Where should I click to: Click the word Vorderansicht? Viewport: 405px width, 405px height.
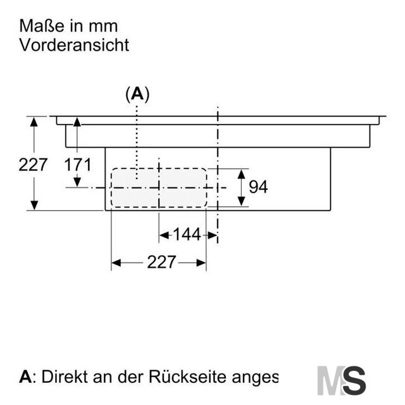click(74, 45)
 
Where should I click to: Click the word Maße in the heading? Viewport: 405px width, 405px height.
click(42, 26)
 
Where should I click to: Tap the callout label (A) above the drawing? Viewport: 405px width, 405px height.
click(137, 94)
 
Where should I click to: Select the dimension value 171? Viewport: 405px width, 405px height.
click(77, 165)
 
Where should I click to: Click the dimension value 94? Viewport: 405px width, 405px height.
click(258, 187)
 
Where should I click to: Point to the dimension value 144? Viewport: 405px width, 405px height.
click(187, 235)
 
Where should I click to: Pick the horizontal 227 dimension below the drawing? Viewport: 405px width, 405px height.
click(161, 262)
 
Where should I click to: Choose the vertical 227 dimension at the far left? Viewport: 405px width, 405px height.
click(33, 165)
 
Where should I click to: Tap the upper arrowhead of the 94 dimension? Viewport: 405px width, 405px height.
click(241, 175)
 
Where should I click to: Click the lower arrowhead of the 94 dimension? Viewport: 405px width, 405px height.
click(241, 201)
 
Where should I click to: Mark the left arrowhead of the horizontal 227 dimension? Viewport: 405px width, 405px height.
click(116, 263)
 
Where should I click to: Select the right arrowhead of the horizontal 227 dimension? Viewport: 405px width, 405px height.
click(201, 263)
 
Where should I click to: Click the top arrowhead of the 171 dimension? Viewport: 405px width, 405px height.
click(77, 121)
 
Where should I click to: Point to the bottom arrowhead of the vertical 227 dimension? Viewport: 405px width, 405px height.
click(34, 206)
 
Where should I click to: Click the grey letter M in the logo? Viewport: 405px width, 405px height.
click(332, 380)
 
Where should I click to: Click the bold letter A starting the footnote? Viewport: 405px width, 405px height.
click(25, 377)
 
